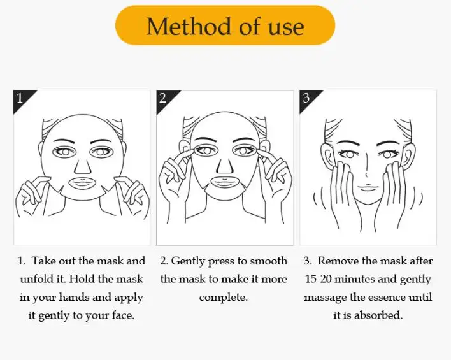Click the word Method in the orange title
[189, 27]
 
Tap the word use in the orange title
[286, 28]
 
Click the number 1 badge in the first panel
[20, 98]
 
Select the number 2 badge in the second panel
[162, 98]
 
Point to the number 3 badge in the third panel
[306, 98]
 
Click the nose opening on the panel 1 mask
[83, 166]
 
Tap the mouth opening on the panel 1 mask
[83, 184]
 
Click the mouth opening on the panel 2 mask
[225, 182]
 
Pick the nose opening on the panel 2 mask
[225, 165]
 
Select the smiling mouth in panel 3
[368, 187]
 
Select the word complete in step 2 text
[223, 298]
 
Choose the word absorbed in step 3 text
[378, 315]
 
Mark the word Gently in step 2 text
[188, 261]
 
